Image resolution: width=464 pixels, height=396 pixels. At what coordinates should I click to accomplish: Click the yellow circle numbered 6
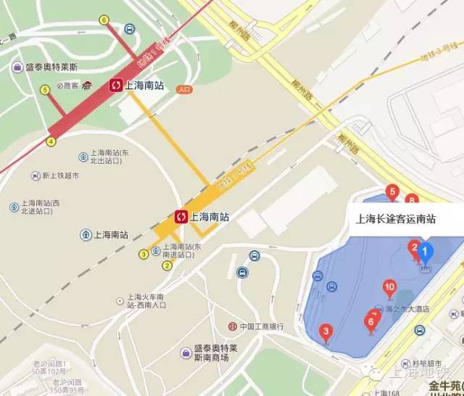[105, 20]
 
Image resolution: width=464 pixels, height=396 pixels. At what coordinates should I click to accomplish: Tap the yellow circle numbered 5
[45, 90]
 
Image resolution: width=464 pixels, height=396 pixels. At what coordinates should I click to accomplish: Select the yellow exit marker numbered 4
[51, 141]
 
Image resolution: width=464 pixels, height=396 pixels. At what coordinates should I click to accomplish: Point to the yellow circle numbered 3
[144, 254]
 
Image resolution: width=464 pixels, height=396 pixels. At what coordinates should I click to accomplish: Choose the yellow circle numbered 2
[167, 265]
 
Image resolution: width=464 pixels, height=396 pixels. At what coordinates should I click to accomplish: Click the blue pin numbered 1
[426, 253]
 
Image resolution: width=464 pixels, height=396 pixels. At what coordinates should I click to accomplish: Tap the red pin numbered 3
[326, 333]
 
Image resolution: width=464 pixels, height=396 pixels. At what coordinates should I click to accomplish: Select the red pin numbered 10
[389, 288]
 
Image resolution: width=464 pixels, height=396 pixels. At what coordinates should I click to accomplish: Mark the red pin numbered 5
[393, 191]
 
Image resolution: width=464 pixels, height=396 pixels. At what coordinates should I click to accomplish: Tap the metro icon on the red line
[116, 86]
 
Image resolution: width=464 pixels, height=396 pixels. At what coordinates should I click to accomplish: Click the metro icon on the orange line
[181, 216]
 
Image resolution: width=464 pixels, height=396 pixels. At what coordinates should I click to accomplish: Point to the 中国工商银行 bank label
[256, 326]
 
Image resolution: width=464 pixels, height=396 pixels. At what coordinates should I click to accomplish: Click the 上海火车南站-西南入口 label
[146, 300]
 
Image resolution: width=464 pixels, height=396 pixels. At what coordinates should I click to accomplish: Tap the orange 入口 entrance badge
[184, 90]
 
